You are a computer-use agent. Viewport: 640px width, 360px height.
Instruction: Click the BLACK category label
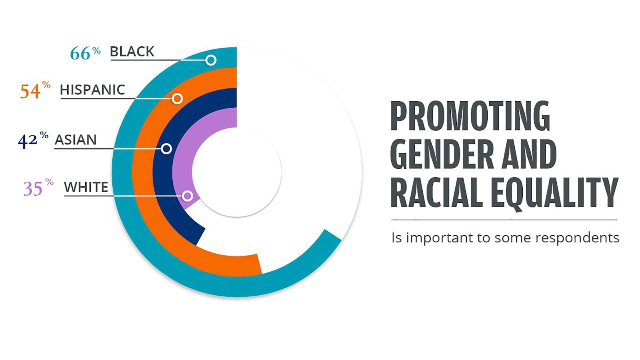[x=132, y=52]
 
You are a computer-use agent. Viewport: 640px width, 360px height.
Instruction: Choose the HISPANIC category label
[x=92, y=90]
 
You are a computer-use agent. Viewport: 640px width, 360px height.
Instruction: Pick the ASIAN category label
[x=76, y=140]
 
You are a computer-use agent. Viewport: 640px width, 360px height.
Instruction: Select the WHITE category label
[x=86, y=187]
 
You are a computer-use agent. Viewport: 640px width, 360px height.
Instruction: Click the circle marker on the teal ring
[x=211, y=60]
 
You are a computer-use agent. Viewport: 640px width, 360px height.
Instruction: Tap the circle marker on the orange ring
[x=177, y=98]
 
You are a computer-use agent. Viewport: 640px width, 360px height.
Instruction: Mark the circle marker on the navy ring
[x=166, y=149]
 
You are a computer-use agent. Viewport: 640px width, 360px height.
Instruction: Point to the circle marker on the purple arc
[x=187, y=196]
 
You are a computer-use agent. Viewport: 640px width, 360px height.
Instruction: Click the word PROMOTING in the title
[x=470, y=116]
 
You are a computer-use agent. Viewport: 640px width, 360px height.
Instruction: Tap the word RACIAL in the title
[x=436, y=192]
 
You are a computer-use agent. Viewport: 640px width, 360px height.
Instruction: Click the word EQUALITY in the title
[x=554, y=192]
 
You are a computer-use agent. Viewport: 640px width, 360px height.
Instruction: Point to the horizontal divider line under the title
[x=504, y=220]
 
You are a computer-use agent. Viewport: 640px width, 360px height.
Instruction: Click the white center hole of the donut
[x=237, y=172]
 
